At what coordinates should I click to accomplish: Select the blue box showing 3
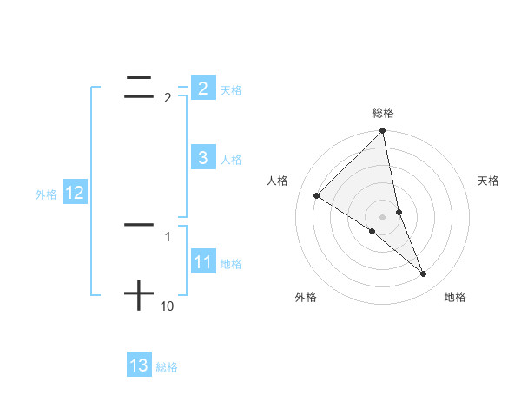pyautogui.click(x=202, y=157)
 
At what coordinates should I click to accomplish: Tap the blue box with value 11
pyautogui.click(x=202, y=262)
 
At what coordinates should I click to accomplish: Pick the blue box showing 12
pyautogui.click(x=75, y=193)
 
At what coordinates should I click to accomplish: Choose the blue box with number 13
pyautogui.click(x=138, y=365)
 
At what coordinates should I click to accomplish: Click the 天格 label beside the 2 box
pyautogui.click(x=231, y=90)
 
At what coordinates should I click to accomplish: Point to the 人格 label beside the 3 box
pyautogui.click(x=231, y=160)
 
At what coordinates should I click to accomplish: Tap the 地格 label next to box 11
pyautogui.click(x=231, y=264)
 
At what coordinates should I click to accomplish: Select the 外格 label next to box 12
pyautogui.click(x=46, y=195)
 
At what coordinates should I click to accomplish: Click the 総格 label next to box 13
pyautogui.click(x=167, y=368)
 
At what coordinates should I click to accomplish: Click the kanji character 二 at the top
pyautogui.click(x=139, y=87)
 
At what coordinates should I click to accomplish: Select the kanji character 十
pyautogui.click(x=139, y=296)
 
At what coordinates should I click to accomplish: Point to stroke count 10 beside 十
pyautogui.click(x=168, y=306)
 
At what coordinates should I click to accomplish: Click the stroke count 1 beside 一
pyautogui.click(x=168, y=236)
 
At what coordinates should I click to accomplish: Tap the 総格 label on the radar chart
pyautogui.click(x=383, y=113)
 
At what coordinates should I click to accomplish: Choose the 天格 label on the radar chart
pyautogui.click(x=489, y=181)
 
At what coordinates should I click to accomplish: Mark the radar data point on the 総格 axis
pyautogui.click(x=383, y=131)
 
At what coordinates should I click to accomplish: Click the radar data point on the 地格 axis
pyautogui.click(x=424, y=274)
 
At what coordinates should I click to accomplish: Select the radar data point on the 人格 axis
pyautogui.click(x=316, y=196)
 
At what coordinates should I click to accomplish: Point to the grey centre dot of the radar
pyautogui.click(x=383, y=217)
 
